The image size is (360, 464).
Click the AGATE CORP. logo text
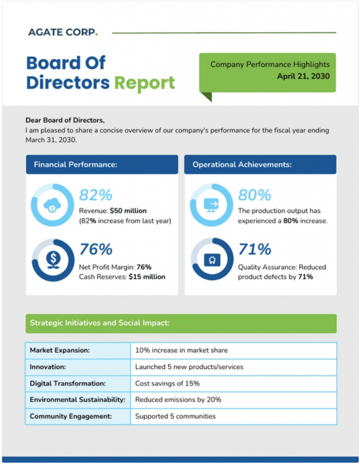(x=62, y=32)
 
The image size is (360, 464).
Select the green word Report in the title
(x=144, y=83)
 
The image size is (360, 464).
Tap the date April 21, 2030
(x=303, y=76)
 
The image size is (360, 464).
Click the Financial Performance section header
(x=76, y=164)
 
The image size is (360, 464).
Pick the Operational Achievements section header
(x=242, y=164)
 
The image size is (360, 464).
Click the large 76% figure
(x=96, y=249)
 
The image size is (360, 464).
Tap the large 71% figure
(x=254, y=249)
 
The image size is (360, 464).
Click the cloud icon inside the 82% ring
(x=52, y=205)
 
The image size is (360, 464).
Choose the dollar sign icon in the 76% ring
(x=53, y=260)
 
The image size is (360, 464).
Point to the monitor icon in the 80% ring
(x=211, y=205)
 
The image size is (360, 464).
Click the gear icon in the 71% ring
(x=211, y=260)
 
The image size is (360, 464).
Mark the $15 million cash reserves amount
(x=147, y=276)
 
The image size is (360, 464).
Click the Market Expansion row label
(x=60, y=350)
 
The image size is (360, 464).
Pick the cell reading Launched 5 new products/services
(x=189, y=367)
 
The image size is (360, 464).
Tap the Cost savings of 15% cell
(x=167, y=383)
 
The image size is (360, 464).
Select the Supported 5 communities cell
(x=175, y=416)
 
